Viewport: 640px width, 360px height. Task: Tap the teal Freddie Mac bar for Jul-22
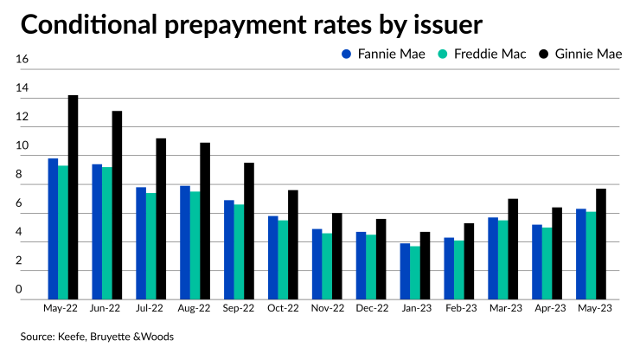tap(150, 246)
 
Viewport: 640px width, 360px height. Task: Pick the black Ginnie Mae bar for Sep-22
tap(249, 231)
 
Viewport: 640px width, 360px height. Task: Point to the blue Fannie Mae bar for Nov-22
tap(317, 264)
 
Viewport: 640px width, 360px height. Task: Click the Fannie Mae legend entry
tap(371, 55)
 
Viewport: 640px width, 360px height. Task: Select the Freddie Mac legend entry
tap(472, 55)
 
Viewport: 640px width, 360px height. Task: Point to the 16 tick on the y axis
tap(22, 60)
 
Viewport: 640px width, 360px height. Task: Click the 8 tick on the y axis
tap(22, 175)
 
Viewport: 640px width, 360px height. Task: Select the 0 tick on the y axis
tap(22, 291)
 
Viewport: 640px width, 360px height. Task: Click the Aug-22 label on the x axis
tap(194, 308)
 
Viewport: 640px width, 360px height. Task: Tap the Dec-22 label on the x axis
tap(369, 308)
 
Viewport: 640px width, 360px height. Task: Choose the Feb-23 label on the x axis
tap(458, 308)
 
